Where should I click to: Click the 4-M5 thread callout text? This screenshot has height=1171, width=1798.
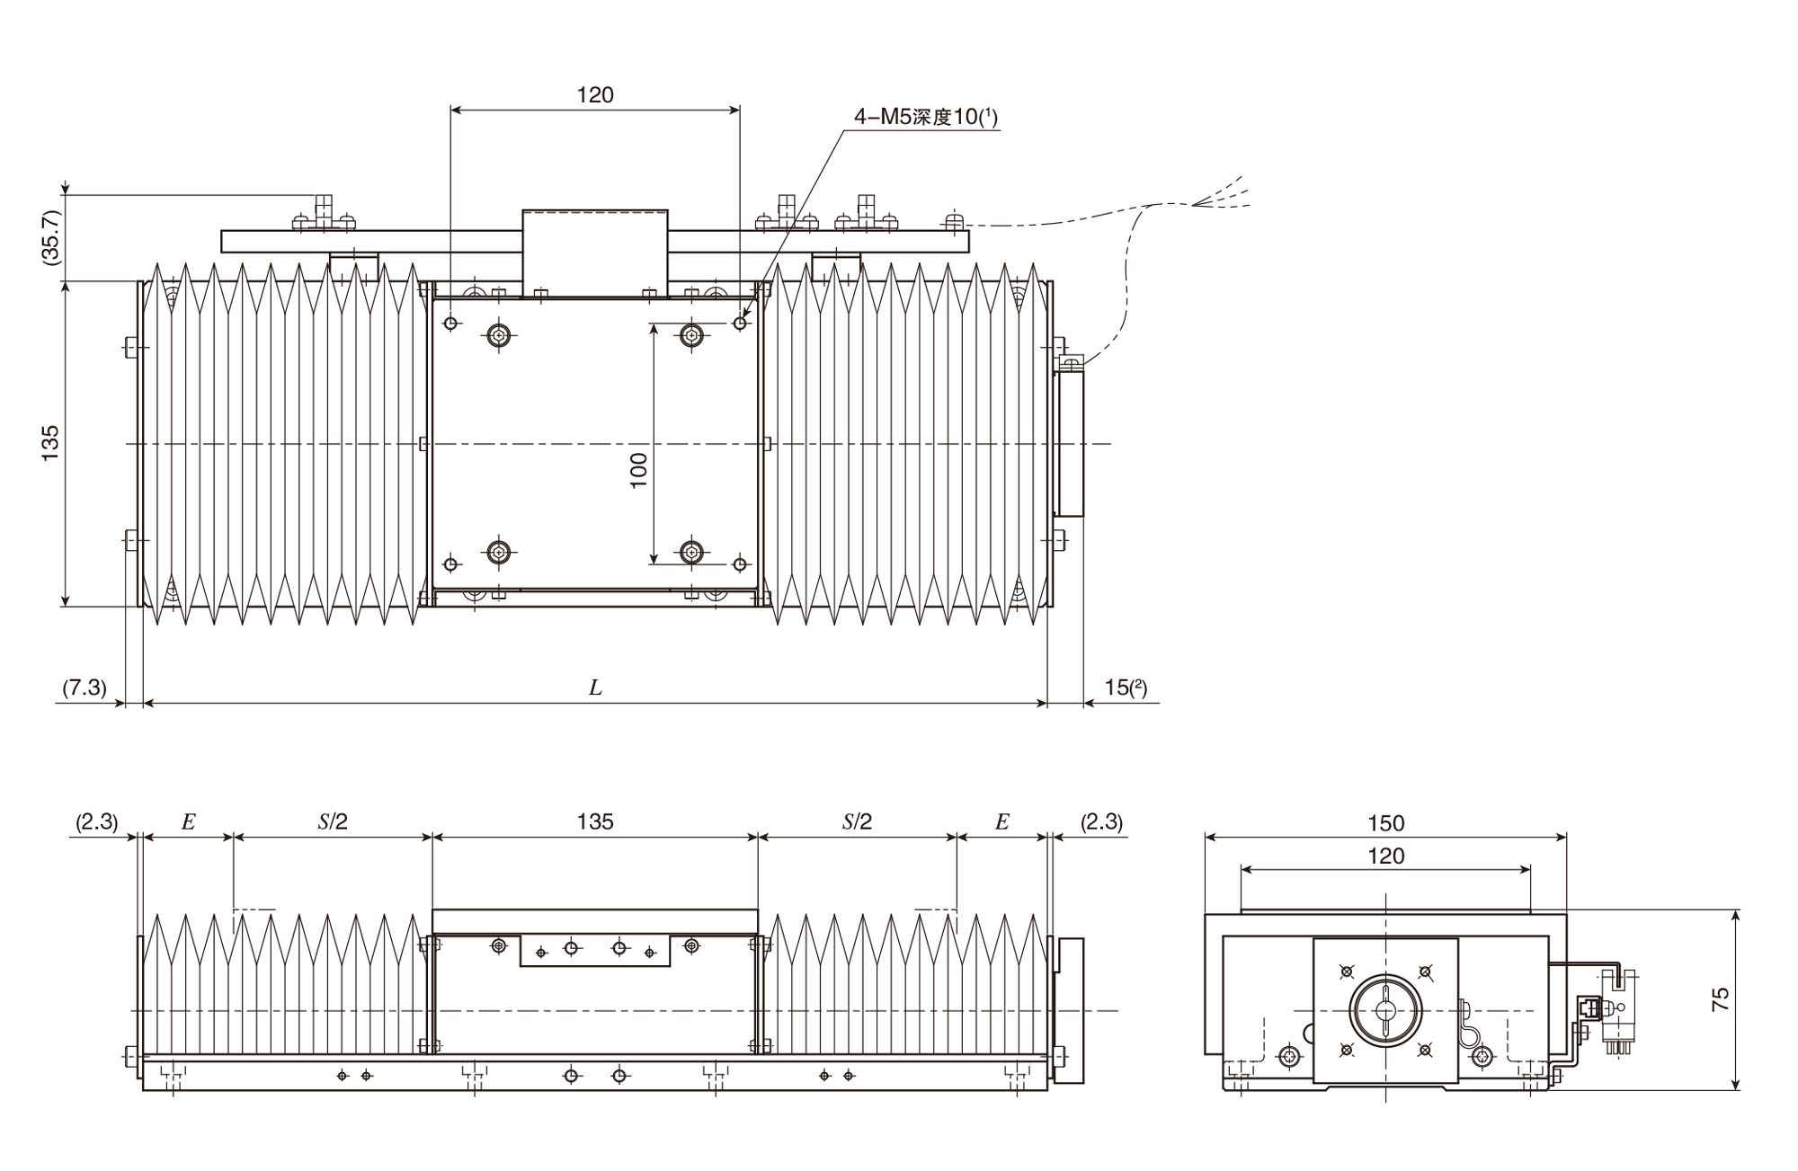[x=925, y=117]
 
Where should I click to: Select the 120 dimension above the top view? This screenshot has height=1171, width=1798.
[x=595, y=95]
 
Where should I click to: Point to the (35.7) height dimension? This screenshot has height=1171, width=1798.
[x=50, y=237]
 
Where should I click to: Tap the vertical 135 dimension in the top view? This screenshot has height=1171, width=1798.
[x=50, y=444]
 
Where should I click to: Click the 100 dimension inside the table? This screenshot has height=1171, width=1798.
[x=638, y=470]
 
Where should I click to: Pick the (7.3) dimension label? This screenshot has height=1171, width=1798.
[x=85, y=688]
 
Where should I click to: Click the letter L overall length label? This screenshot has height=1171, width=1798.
[x=595, y=688]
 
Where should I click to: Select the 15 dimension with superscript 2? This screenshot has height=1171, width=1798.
[x=1126, y=688]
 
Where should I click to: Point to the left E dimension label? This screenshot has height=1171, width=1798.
[x=188, y=821]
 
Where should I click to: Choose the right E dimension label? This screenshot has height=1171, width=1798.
[x=1002, y=821]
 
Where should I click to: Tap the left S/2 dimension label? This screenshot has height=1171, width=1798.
[x=333, y=821]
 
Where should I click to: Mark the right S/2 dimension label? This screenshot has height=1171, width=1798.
[x=857, y=821]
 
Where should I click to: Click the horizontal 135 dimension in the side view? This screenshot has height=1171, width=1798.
[x=595, y=821]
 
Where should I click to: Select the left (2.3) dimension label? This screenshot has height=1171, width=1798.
[x=96, y=821]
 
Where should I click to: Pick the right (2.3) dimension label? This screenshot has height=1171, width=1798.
[x=1101, y=821]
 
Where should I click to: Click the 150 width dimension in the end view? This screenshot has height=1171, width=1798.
[x=1385, y=823]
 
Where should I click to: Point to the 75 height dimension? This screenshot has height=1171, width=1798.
[x=1720, y=1000]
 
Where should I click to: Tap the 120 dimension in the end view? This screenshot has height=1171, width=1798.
[x=1385, y=856]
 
